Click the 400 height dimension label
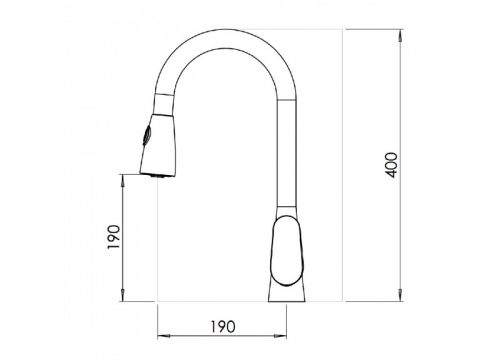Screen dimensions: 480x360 [391, 165]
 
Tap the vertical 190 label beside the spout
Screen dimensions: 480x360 [114, 237]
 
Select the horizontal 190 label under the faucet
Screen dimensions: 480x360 [223, 327]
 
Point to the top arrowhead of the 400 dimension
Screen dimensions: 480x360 [400, 36]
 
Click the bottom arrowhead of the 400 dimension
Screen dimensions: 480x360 [400, 295]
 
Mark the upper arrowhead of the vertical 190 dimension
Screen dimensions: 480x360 [123, 181]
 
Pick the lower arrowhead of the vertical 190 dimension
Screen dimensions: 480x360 [123, 295]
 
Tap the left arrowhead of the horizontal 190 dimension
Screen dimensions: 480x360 [164, 336]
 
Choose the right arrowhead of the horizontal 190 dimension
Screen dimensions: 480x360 [280, 336]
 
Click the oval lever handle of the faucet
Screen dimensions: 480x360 [287, 251]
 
